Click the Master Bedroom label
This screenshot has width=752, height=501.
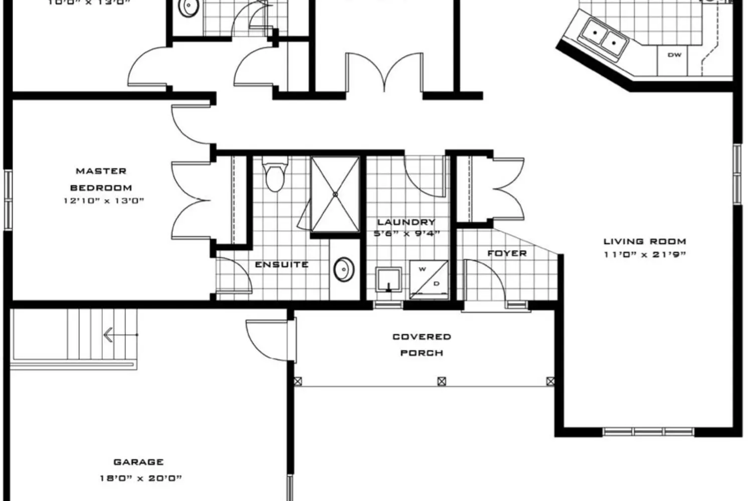101,179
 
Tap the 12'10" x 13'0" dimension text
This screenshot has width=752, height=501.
104,201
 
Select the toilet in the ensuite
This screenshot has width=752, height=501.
275,175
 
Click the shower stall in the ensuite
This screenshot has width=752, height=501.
335,194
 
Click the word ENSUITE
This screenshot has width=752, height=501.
281,265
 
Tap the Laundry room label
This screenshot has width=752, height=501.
406,222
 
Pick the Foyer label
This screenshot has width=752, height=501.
507,254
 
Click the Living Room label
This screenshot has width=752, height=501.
644,241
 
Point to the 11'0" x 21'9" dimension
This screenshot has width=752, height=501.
644,255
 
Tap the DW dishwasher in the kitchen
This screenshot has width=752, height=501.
674,55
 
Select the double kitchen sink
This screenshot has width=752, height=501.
604,38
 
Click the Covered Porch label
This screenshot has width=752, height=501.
422,345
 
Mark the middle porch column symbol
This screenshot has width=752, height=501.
442,381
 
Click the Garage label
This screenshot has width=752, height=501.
138,462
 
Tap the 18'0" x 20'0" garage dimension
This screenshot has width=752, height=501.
140,478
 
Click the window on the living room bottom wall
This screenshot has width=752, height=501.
648,431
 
